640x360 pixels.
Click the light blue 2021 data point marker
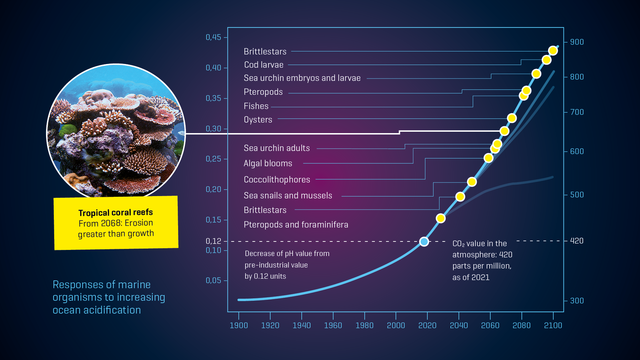pyautogui.click(x=424, y=241)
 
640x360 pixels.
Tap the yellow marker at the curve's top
pyautogui.click(x=553, y=51)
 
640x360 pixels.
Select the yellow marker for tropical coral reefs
pyautogui.click(x=504, y=131)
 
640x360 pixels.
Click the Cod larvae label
pyautogui.click(x=263, y=65)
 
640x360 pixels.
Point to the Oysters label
pyautogui.click(x=258, y=120)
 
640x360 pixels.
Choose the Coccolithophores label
pyautogui.click(x=277, y=179)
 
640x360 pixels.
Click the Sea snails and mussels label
pyautogui.click(x=288, y=195)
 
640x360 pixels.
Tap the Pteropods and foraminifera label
pyautogui.click(x=296, y=225)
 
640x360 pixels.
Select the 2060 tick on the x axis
pyautogui.click(x=490, y=325)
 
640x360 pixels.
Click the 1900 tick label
pyautogui.click(x=239, y=325)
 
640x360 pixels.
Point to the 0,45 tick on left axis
pyautogui.click(x=213, y=37)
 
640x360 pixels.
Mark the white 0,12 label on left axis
pyautogui.click(x=213, y=241)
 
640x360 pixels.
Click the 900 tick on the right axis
pyautogui.click(x=577, y=42)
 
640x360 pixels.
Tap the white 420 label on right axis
pyautogui.click(x=577, y=241)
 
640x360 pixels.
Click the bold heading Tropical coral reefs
pyautogui.click(x=115, y=212)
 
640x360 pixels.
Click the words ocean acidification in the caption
pyautogui.click(x=97, y=310)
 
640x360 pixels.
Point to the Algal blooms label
pyautogui.click(x=268, y=163)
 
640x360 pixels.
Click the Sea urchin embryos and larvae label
pyautogui.click(x=302, y=78)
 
